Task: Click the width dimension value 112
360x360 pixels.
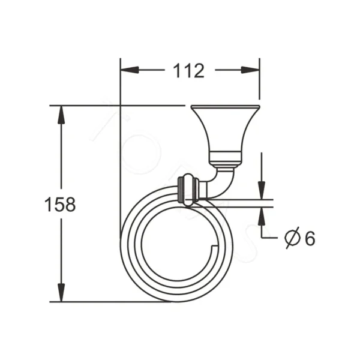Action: click(x=189, y=71)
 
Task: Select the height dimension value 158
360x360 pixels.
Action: click(x=60, y=204)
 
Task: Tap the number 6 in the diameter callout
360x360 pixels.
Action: click(x=309, y=238)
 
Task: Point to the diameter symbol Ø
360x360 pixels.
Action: click(x=292, y=238)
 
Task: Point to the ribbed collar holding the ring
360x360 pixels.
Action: click(x=188, y=190)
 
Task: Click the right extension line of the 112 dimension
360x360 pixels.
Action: click(x=259, y=84)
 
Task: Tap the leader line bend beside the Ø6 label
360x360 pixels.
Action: click(x=262, y=238)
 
